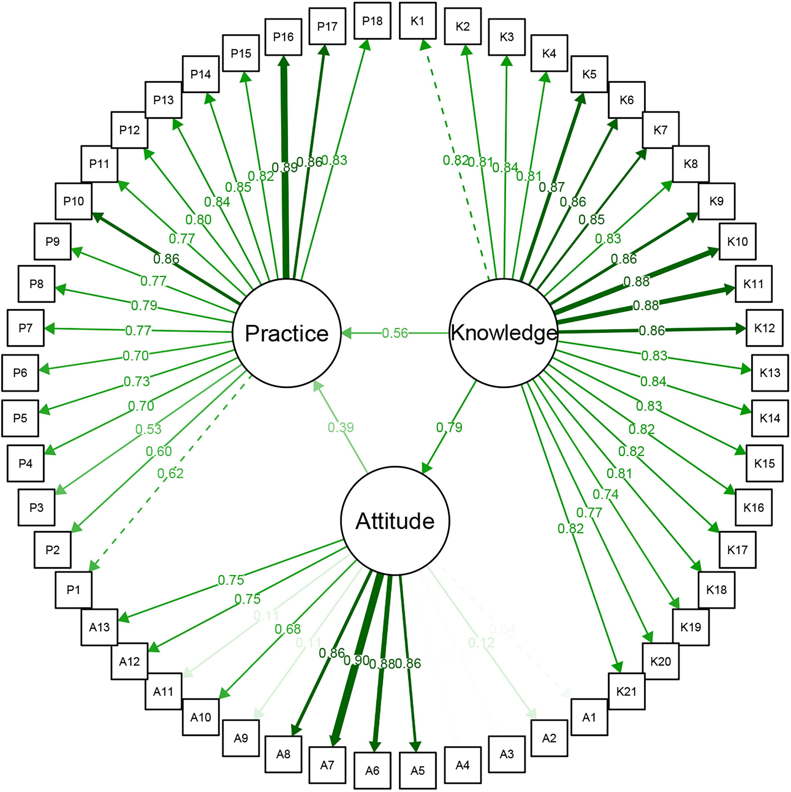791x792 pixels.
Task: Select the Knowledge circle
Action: click(x=504, y=333)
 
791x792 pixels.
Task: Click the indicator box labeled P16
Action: click(x=283, y=37)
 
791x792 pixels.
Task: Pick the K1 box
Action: click(x=417, y=21)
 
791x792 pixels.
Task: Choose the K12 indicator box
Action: click(x=764, y=328)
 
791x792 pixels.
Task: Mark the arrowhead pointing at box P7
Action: click(x=49, y=328)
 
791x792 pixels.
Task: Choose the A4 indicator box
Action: click(x=462, y=765)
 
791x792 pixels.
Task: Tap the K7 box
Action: click(x=660, y=130)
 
